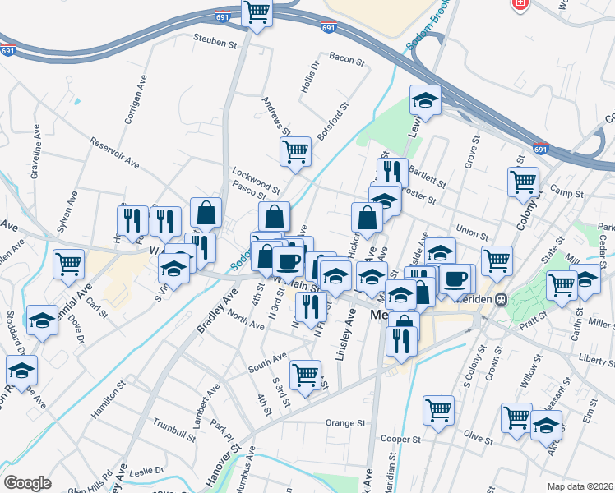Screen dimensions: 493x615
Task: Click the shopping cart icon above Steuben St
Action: [257, 12]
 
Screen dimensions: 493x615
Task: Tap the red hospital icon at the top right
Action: [520, 5]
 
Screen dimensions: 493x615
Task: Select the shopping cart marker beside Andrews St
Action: [294, 151]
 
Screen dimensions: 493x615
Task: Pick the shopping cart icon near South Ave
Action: [305, 376]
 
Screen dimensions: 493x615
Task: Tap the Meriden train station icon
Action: [499, 301]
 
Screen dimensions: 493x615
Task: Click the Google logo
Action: [27, 483]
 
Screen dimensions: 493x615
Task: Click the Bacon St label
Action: [346, 58]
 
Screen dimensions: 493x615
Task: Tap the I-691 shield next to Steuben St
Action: [329, 27]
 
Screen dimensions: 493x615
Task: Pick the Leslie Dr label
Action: [148, 470]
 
